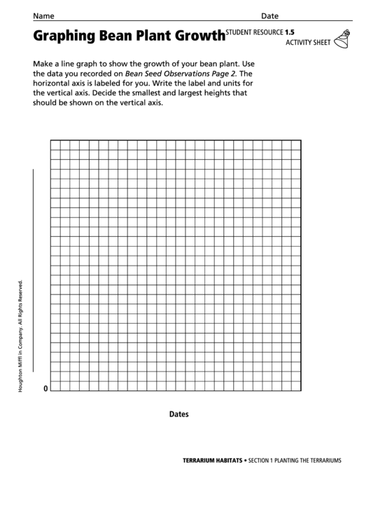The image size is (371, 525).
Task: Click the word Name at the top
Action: [44, 15]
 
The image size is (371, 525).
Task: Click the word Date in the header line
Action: [269, 15]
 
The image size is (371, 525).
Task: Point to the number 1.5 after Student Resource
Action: [290, 32]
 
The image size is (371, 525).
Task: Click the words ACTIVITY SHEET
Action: [308, 43]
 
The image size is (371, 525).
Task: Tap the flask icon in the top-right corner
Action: [341, 39]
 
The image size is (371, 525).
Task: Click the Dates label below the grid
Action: [179, 414]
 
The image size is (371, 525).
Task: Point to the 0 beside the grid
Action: [46, 388]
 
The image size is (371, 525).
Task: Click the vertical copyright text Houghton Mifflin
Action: [21, 336]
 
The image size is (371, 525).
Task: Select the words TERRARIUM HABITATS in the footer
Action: [212, 461]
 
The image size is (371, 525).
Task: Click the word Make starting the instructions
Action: [44, 62]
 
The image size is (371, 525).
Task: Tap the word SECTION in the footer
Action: [262, 461]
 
